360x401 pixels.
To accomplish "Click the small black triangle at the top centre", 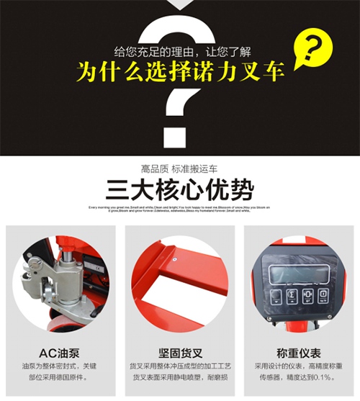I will click(x=179, y=5).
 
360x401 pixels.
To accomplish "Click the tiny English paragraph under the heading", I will click(x=179, y=209).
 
